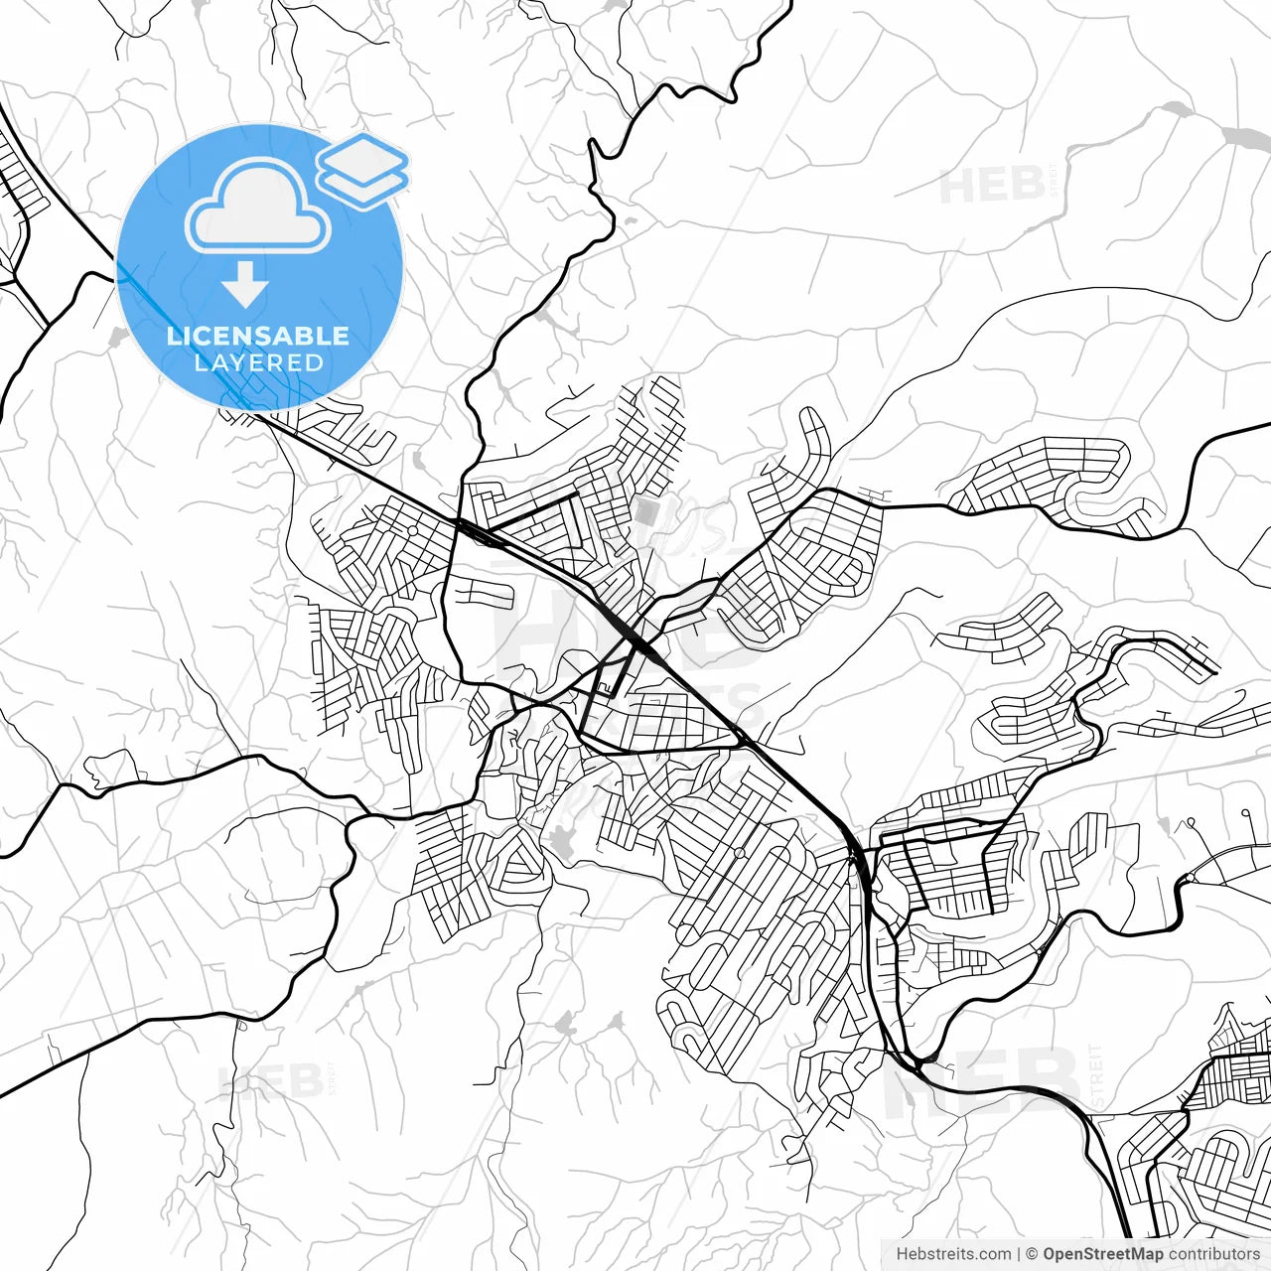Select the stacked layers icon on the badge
[x=362, y=169]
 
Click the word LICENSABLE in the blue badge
[x=258, y=336]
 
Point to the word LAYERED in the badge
[x=258, y=363]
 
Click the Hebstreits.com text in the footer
[x=953, y=1254]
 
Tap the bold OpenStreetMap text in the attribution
[x=1103, y=1254]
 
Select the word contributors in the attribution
[x=1213, y=1254]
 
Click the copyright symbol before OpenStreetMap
[x=1032, y=1254]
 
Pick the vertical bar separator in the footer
[x=1020, y=1254]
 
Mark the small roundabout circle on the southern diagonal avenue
[x=739, y=852]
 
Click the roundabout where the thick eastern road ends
[x=1189, y=877]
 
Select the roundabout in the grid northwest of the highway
[x=411, y=530]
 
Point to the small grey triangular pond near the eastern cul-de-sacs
[x=1163, y=823]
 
